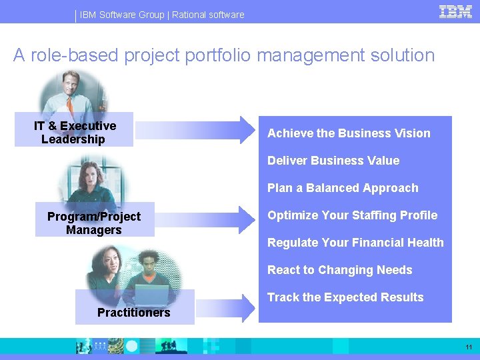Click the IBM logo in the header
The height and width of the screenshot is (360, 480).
[x=456, y=11]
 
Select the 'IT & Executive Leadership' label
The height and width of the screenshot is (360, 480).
[x=74, y=132]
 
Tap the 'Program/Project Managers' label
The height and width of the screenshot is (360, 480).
[x=94, y=223]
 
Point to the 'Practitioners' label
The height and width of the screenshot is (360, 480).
[x=133, y=312]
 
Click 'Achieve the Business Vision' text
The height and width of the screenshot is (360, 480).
[x=349, y=133]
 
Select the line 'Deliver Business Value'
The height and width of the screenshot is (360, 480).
[x=333, y=161]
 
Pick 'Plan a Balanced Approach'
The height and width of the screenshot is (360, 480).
[x=343, y=188]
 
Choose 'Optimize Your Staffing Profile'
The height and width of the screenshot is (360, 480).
[x=352, y=215]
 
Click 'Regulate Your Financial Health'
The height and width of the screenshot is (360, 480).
[x=355, y=243]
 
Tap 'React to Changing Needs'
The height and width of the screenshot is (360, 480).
[x=339, y=270]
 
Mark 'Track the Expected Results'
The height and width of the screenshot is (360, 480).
[x=345, y=297]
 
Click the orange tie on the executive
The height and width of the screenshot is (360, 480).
[x=71, y=105]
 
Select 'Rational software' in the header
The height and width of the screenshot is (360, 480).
[x=208, y=15]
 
